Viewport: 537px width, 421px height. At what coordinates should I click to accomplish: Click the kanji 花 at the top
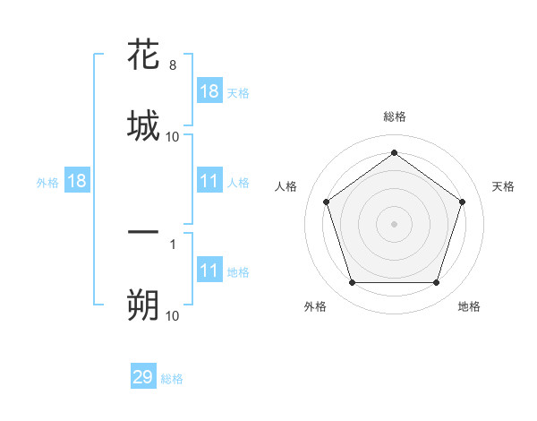(x=143, y=55)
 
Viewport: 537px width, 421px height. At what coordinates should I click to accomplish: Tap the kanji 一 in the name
(x=143, y=233)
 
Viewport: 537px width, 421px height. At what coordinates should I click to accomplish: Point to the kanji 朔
(x=143, y=305)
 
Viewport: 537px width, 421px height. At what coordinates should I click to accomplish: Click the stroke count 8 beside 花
(x=173, y=66)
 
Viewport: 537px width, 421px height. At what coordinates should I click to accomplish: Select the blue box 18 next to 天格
(x=209, y=91)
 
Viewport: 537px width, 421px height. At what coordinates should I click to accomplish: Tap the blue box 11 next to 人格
(x=209, y=182)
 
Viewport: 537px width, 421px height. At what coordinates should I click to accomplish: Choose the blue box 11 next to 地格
(x=209, y=271)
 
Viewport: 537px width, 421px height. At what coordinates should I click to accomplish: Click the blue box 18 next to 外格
(x=77, y=182)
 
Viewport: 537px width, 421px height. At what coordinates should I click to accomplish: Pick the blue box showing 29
(x=143, y=377)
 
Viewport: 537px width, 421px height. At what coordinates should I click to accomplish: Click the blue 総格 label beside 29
(x=173, y=379)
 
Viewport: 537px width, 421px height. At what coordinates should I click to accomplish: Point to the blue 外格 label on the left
(x=47, y=183)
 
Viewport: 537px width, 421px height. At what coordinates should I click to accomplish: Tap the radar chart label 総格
(x=395, y=116)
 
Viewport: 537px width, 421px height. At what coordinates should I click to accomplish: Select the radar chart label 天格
(x=504, y=186)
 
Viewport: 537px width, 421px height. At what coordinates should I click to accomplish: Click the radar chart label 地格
(x=469, y=307)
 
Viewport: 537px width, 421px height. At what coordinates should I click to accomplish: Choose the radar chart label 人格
(x=286, y=186)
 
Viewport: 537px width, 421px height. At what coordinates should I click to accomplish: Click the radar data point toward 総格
(x=395, y=153)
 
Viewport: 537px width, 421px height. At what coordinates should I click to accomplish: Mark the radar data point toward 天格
(x=462, y=202)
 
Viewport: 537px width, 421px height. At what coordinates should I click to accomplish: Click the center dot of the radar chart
(x=395, y=223)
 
